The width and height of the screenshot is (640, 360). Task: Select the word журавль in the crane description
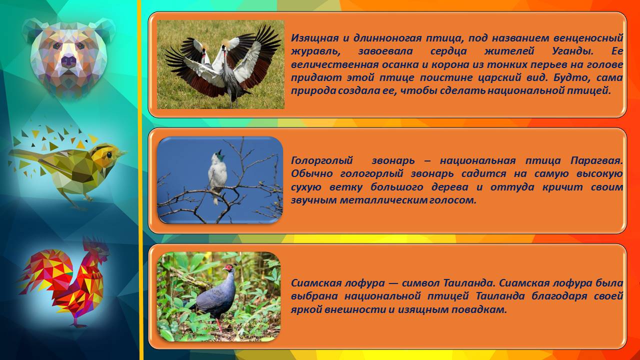(315, 51)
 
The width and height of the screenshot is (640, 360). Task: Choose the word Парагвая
(596, 161)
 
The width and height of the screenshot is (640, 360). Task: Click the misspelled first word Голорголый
(322, 161)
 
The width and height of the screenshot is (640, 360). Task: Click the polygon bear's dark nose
(69, 60)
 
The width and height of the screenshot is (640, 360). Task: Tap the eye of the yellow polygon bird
(109, 154)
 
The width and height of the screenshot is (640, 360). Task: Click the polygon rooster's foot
(77, 325)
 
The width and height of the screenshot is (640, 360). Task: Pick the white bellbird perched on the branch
(217, 176)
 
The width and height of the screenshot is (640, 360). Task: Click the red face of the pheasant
(228, 268)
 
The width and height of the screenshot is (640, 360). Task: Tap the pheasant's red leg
(219, 324)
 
